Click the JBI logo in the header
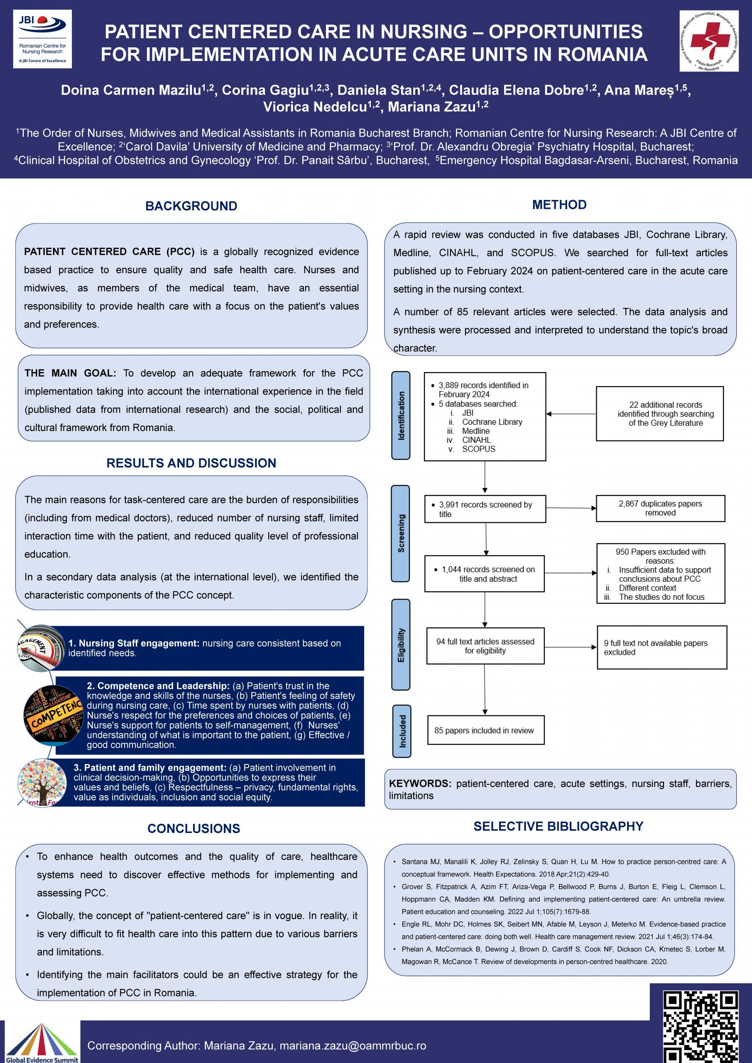coord(42,39)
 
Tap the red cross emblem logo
coord(708,41)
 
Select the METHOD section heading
coord(559,205)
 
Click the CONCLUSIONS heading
coord(194,828)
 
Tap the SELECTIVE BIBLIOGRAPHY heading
coord(558,826)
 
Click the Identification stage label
coord(401,415)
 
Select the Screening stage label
coord(401,533)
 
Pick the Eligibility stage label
coord(401,644)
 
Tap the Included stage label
coord(402,731)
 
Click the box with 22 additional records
coord(659,414)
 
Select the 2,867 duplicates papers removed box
coord(660,508)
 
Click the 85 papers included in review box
coord(485,730)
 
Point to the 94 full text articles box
coord(485,646)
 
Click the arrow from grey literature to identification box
coord(571,414)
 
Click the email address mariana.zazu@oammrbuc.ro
coord(353,1046)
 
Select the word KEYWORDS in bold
coord(419,784)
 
